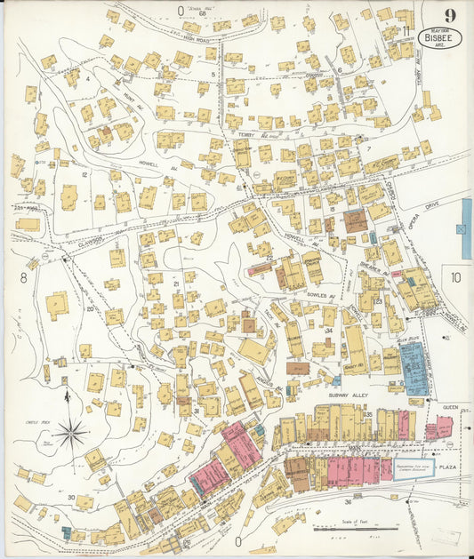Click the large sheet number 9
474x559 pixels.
tap(451, 14)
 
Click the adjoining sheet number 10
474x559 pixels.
tap(456, 277)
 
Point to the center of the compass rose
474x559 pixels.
tap(70, 434)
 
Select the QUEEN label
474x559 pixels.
tap(450, 407)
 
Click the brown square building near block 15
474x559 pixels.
tap(355, 220)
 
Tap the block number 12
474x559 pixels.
tap(84, 174)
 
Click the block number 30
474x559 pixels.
tap(70, 497)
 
